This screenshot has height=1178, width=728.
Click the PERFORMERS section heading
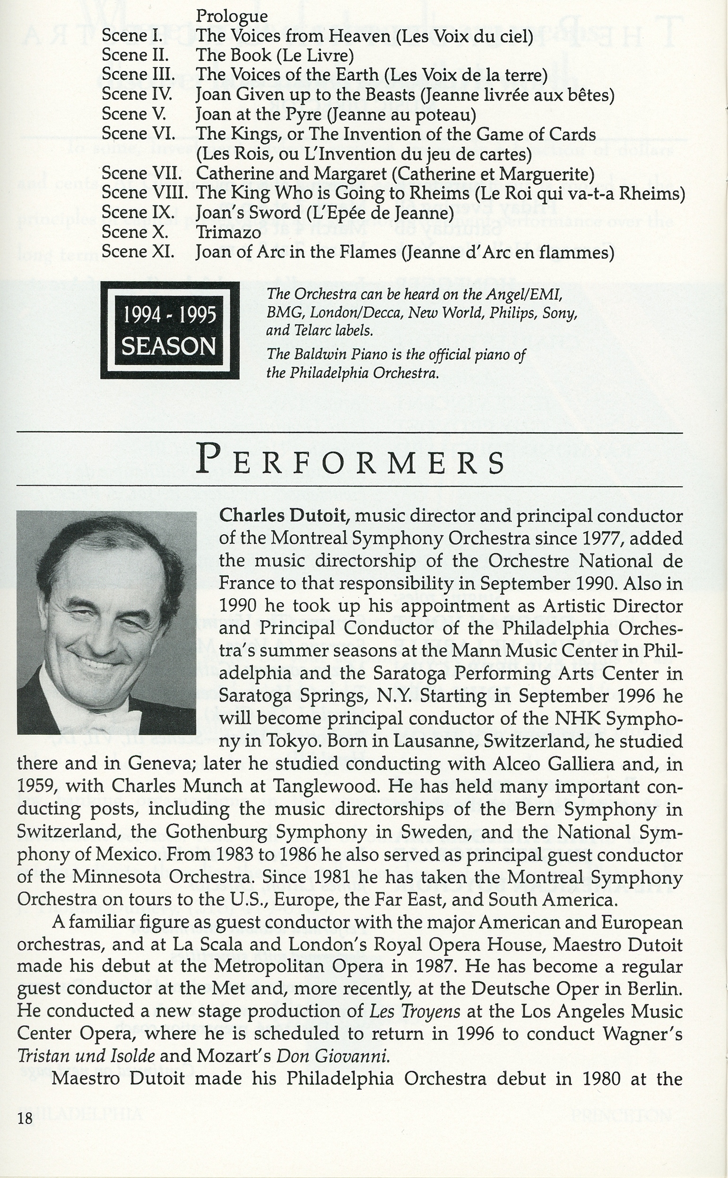(x=350, y=461)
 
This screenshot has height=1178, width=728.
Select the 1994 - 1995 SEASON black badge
(x=170, y=330)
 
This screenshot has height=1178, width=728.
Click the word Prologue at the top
(x=232, y=16)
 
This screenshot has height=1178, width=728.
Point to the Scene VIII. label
(x=144, y=192)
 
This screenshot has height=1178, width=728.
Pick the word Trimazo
(x=228, y=232)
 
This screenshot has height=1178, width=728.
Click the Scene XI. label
(x=138, y=252)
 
